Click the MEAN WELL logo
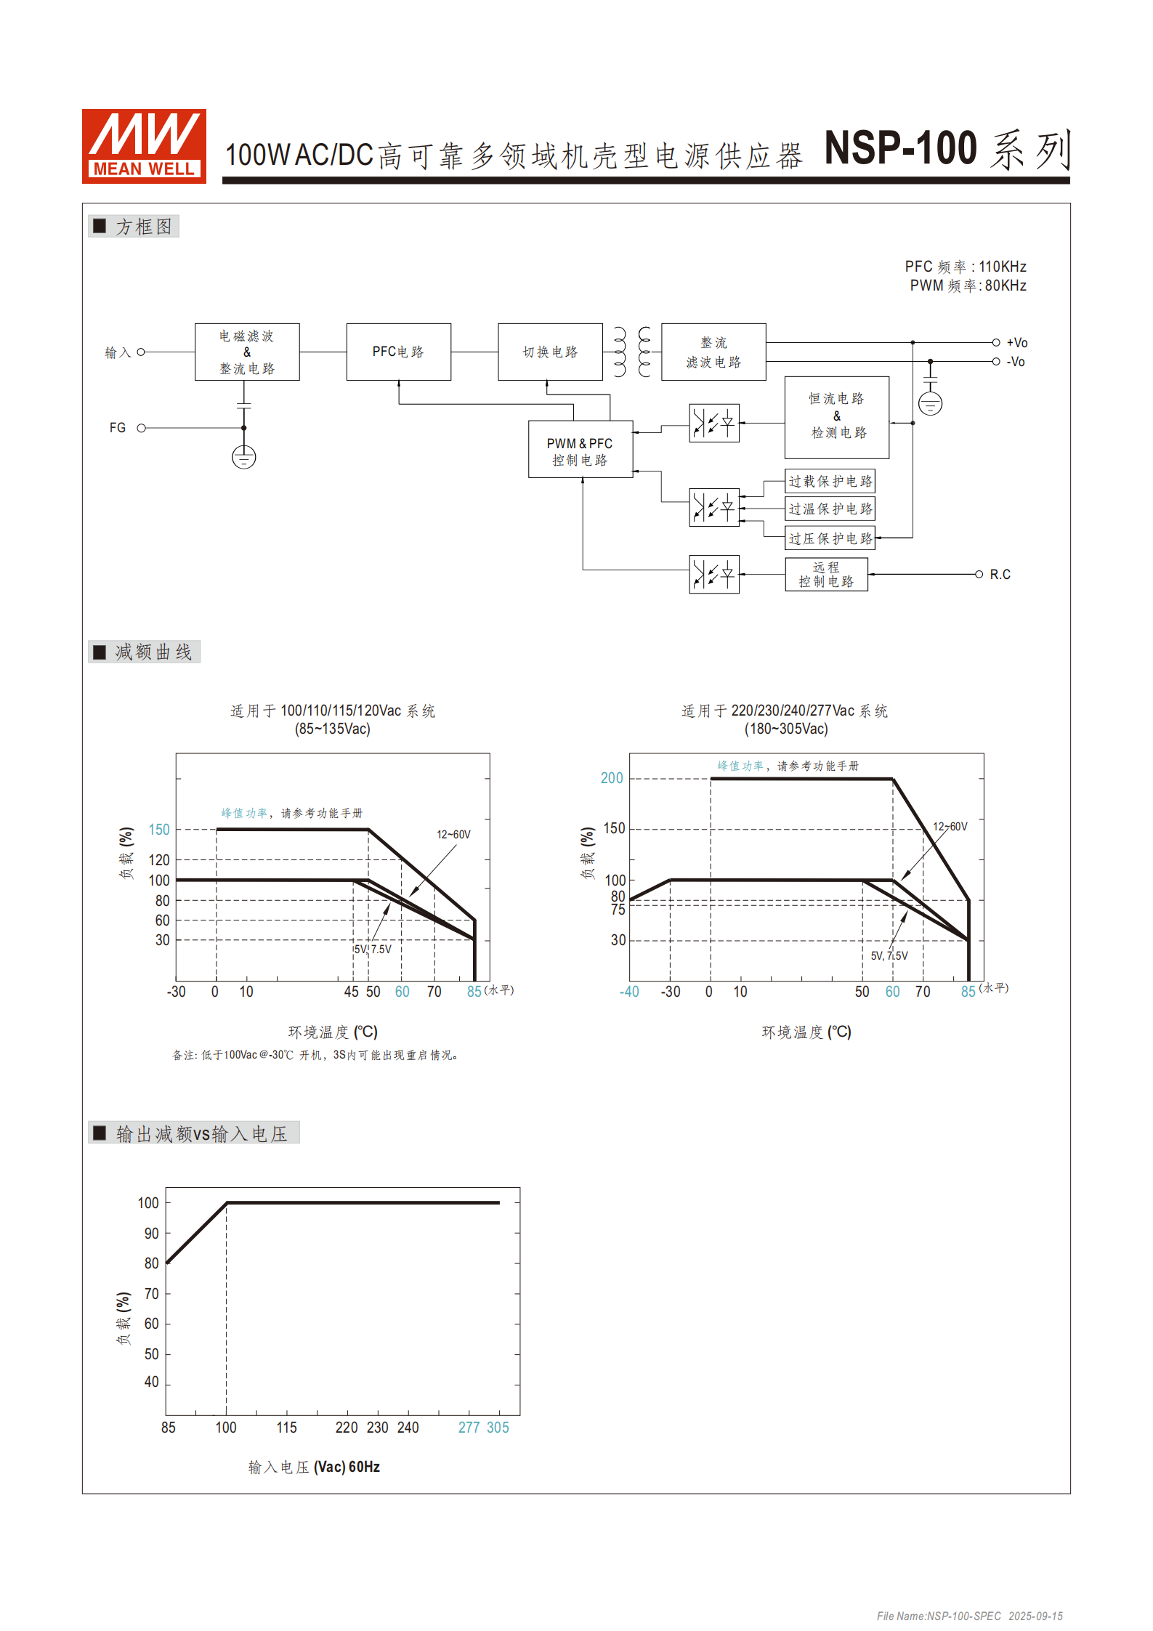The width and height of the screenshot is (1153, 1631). [x=144, y=146]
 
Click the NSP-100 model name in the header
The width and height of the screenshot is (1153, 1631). [x=900, y=149]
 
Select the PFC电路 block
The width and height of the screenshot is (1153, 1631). [x=398, y=352]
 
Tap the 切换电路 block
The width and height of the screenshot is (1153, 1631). [x=550, y=352]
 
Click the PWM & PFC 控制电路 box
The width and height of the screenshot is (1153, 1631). [x=580, y=450]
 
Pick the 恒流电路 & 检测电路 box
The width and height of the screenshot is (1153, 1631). [x=837, y=417]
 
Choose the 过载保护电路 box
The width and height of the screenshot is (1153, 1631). [x=830, y=481]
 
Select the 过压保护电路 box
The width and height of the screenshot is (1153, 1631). [x=830, y=538]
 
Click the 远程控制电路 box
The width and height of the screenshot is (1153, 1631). [x=826, y=574]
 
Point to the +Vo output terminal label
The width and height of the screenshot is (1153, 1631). [x=1016, y=343]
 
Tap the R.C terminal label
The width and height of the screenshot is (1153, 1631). [x=1000, y=575]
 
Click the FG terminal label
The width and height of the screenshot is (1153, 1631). [x=118, y=428]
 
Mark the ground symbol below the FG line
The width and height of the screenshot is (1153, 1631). [x=244, y=458]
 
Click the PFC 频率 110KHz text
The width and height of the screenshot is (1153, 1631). [x=965, y=267]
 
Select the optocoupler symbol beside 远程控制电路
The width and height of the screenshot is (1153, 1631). [x=714, y=575]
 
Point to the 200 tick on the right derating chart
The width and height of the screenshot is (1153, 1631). [x=612, y=778]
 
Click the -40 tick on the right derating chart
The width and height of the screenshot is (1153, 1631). [x=629, y=992]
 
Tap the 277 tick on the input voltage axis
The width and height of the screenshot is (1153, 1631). [x=469, y=1428]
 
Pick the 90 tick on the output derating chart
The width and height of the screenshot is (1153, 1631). [x=151, y=1233]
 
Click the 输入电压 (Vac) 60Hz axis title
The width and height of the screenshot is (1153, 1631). [x=314, y=1467]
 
